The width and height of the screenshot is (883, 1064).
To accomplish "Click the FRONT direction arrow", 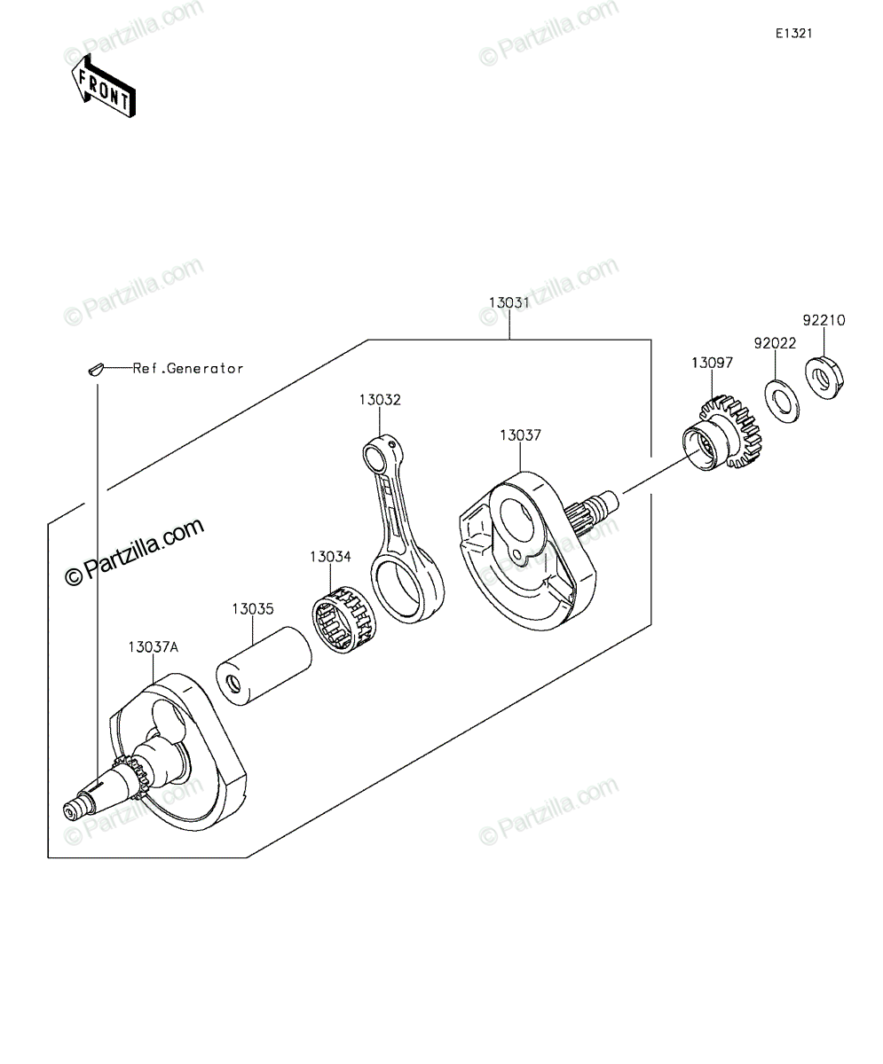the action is (104, 86).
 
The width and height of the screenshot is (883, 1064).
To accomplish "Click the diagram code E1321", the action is (793, 34).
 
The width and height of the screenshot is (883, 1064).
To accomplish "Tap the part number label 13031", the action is (509, 302).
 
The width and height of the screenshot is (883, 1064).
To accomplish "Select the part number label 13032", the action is (380, 400).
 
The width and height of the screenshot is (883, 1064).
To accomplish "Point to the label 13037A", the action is (154, 647).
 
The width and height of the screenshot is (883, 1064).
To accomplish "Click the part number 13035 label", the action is (253, 609).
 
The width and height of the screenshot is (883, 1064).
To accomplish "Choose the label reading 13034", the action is (330, 557).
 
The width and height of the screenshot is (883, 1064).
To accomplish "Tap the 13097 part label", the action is (712, 363).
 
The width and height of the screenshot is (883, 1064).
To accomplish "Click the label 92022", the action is (776, 343).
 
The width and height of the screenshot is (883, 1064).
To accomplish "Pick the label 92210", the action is (824, 320).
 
